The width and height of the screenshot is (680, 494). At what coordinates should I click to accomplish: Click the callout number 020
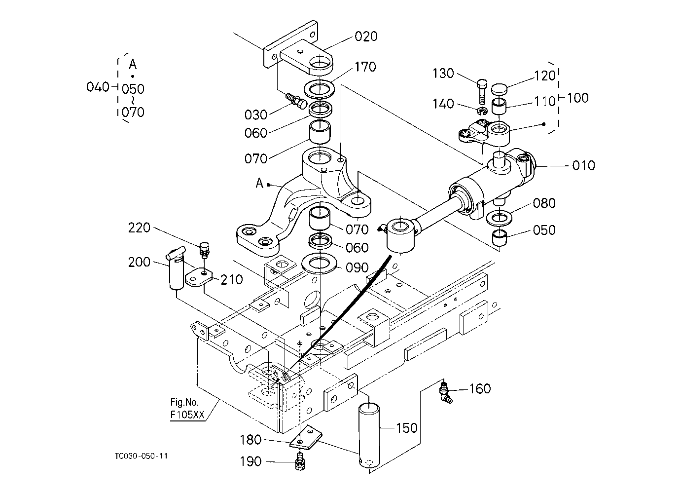[x=366, y=37]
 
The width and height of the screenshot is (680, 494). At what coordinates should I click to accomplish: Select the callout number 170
[x=365, y=67]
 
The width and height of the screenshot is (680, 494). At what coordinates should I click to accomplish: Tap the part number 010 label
[x=583, y=166]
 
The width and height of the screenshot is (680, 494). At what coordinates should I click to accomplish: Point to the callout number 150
[x=407, y=428]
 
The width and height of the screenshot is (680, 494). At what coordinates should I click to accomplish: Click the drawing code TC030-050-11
[x=141, y=456]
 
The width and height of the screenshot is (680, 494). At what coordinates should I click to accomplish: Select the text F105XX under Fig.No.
[x=187, y=415]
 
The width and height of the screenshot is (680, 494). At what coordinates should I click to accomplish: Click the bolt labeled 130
[x=482, y=92]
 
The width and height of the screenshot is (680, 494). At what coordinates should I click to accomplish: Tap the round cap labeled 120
[x=500, y=89]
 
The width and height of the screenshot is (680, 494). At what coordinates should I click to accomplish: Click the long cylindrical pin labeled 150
[x=369, y=436]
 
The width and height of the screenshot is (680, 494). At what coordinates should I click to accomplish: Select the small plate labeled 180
[x=306, y=437]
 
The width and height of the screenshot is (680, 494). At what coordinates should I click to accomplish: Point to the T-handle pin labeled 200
[x=176, y=267]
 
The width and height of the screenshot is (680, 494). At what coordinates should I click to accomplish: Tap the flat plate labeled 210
[x=199, y=277]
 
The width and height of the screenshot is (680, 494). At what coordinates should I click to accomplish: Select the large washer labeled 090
[x=319, y=263]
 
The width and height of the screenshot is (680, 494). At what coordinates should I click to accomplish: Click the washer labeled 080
[x=499, y=217]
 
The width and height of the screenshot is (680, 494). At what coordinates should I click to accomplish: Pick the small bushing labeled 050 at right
[x=499, y=238]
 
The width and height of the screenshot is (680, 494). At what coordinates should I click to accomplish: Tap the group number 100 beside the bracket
[x=578, y=98]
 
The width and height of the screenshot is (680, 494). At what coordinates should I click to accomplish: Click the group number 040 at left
[x=98, y=87]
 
